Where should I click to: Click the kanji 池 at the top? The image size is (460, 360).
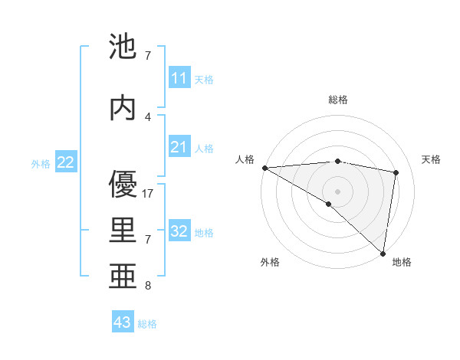(123, 47)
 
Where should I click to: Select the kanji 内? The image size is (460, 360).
(123, 108)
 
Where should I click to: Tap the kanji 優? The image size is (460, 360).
(123, 185)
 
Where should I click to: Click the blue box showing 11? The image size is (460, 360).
(179, 78)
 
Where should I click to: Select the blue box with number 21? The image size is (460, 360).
(179, 147)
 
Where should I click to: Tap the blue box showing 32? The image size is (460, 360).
(179, 231)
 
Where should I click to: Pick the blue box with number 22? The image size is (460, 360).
(66, 162)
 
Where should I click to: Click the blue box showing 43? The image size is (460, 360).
(123, 322)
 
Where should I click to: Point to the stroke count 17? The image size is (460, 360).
(148, 194)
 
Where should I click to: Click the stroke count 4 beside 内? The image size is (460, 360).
(148, 116)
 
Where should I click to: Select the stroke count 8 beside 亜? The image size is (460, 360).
(148, 286)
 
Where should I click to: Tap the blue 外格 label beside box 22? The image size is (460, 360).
(41, 163)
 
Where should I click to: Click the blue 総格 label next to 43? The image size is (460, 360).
(147, 324)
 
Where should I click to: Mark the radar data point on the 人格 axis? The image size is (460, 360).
(264, 168)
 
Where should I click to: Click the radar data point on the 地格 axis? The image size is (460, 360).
(383, 253)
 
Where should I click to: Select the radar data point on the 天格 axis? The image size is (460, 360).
(396, 172)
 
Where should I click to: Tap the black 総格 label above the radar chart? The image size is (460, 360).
(337, 100)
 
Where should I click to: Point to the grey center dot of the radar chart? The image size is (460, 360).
(337, 190)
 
